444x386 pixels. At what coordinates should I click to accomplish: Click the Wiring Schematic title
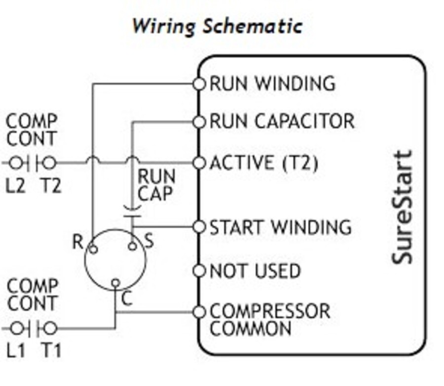coord(217,25)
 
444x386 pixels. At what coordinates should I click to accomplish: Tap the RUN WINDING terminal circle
coord(199,84)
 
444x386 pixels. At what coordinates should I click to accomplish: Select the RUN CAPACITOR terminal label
coord(282,122)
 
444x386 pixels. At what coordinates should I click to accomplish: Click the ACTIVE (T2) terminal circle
coord(199,163)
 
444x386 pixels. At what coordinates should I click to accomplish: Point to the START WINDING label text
coord(280,227)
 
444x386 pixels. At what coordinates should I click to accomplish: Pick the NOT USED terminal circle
coord(199,271)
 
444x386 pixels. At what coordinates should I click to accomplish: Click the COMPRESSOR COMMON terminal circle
coord(199,312)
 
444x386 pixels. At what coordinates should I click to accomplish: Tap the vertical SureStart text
coord(402,208)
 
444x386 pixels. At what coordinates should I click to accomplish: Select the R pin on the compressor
coord(93,249)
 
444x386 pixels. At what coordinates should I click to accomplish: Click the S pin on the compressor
coord(132,246)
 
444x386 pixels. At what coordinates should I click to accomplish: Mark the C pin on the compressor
coord(115,283)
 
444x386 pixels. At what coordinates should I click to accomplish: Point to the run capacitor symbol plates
coord(132,211)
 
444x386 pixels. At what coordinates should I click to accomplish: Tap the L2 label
coord(16,186)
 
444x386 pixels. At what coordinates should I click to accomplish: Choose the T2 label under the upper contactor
coord(50,186)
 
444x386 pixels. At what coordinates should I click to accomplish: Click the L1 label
coord(16,350)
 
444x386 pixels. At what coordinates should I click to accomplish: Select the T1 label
coord(50,350)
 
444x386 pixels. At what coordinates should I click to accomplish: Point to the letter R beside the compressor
coord(78,242)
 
